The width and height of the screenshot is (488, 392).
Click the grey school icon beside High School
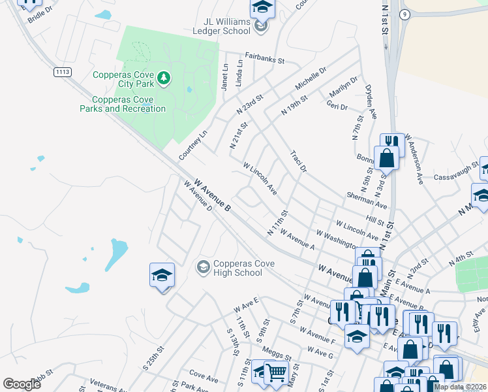(203, 267)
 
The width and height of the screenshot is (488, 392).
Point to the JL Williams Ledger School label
(226, 25)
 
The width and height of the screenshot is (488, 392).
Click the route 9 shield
(405, 14)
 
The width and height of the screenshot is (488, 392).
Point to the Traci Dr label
(298, 161)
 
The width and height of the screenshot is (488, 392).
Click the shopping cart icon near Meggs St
(276, 373)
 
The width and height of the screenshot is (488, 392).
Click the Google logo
(22, 384)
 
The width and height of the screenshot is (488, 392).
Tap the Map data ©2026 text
(460, 387)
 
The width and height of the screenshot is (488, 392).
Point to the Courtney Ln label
(192, 145)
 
